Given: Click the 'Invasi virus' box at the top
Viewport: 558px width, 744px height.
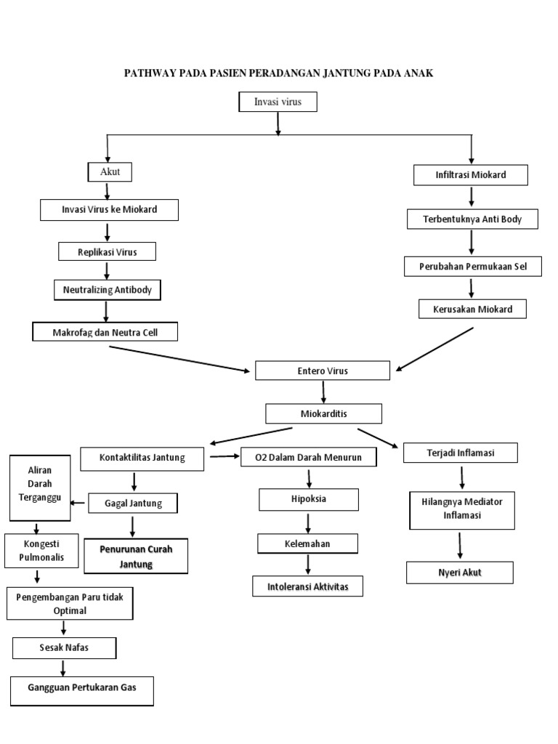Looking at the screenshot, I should point(278,102).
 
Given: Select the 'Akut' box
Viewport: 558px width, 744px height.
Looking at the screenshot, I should point(109,172).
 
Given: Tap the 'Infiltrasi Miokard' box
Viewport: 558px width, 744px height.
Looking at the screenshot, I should point(470,175).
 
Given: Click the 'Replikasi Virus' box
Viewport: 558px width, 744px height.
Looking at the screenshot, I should point(108,251).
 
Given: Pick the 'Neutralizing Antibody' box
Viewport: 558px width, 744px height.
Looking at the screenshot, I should point(108,290).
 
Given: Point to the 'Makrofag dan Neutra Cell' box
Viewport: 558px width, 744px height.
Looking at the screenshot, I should point(105,332).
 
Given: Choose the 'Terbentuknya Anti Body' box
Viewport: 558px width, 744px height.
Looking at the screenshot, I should point(472,218).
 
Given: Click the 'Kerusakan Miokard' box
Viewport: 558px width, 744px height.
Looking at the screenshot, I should point(471,309).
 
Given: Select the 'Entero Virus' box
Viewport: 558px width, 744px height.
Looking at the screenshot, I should point(323,371).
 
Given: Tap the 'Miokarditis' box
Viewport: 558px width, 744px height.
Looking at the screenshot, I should point(323,413).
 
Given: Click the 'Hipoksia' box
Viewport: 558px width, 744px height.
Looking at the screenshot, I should point(309,500).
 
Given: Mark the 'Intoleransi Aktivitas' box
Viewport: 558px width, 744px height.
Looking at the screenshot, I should point(308,586).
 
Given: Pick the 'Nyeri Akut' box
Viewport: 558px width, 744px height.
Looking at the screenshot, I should point(459,573).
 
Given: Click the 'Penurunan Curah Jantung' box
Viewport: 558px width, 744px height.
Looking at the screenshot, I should point(135,556).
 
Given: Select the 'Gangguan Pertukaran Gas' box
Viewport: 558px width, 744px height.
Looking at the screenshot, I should point(82,690).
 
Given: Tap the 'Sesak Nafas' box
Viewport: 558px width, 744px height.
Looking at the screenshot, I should point(65,647).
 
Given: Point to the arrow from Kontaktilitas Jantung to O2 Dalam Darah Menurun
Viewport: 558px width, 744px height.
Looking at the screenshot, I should point(225,456).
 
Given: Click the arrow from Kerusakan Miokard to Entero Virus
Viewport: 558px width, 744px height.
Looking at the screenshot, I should point(434,349).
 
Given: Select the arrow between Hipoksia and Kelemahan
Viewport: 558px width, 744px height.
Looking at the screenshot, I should point(309,522).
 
